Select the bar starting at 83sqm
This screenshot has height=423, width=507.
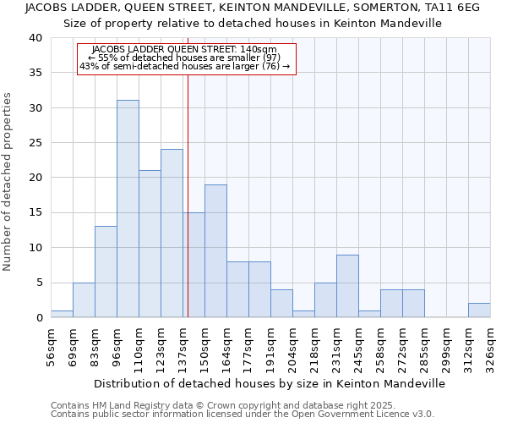coord(106,272)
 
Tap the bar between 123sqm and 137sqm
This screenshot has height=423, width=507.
coord(172,233)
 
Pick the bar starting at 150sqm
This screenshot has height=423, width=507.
coord(215,251)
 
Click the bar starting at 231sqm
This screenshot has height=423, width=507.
coord(347,286)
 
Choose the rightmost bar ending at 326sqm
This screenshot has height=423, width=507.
coord(479,310)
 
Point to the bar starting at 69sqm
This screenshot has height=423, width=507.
coord(84,299)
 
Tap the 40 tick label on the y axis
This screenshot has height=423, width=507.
coord(35,38)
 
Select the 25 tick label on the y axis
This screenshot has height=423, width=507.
coord(35,143)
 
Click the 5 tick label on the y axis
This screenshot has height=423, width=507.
coord(39,283)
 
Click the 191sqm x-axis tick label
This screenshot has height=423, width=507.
coord(271,343)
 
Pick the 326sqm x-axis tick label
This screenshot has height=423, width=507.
coord(491,343)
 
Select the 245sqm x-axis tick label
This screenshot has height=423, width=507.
coord(359,343)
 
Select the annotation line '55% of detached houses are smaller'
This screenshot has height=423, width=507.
coord(186,58)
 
